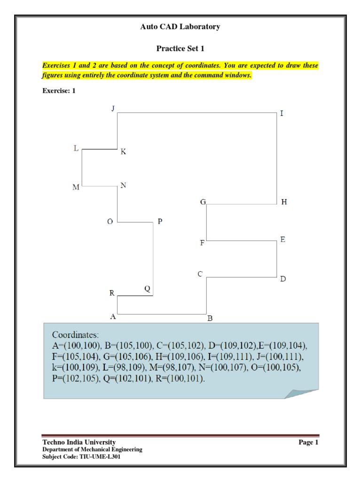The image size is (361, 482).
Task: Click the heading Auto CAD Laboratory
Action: click(x=180, y=27)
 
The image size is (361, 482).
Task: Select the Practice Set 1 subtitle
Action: click(x=180, y=48)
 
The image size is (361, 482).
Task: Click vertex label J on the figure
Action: click(x=113, y=108)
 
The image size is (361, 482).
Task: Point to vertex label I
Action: click(x=282, y=113)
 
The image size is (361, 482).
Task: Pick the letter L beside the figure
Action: click(x=76, y=148)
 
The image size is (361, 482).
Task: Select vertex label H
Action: click(x=284, y=202)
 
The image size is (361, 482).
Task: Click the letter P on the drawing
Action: click(x=160, y=221)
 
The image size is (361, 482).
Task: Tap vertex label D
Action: click(x=283, y=279)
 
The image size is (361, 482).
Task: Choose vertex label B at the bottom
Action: click(x=210, y=319)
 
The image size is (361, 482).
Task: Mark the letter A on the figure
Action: click(x=113, y=317)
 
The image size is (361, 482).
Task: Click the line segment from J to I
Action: click(x=196, y=113)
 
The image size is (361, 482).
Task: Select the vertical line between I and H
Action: click(x=277, y=158)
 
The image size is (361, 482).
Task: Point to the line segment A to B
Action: click(x=161, y=313)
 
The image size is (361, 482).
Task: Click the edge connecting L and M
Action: click(x=82, y=168)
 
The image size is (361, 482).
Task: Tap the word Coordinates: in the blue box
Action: click(x=76, y=335)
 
